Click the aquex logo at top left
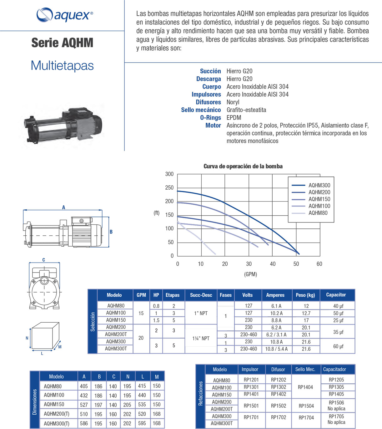tap(65, 15)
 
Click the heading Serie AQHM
tap(62, 43)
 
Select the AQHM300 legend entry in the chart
tap(319, 185)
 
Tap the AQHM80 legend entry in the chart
tap(318, 213)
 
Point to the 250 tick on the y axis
tap(169, 187)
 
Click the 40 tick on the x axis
tap(273, 264)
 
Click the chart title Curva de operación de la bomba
tap(243, 166)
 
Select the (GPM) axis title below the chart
tap(250, 274)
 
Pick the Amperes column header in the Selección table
tap(275, 295)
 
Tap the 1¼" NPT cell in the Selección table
tap(201, 338)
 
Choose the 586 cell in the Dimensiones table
tap(84, 423)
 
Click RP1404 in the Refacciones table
tap(305, 387)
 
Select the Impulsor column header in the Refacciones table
tap(250, 369)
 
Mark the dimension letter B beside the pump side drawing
tap(111, 232)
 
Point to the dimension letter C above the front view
tap(43, 260)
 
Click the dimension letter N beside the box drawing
tap(27, 338)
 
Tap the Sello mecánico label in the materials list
tap(201, 110)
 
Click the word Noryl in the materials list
tap(233, 102)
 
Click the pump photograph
tap(64, 124)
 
